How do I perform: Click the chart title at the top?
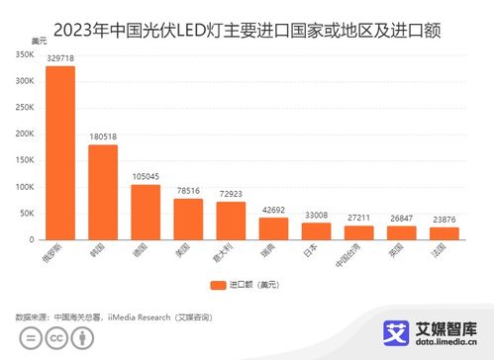[x=247, y=31]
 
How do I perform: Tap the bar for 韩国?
[x=103, y=192]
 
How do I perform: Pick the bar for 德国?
[x=146, y=212]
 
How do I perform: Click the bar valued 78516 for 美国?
[x=188, y=219]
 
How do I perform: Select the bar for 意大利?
[x=231, y=221]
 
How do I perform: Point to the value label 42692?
[x=273, y=210]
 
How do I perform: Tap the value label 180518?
[x=103, y=137]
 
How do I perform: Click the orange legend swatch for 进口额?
[x=217, y=285]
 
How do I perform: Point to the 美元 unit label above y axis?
[x=39, y=41]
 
